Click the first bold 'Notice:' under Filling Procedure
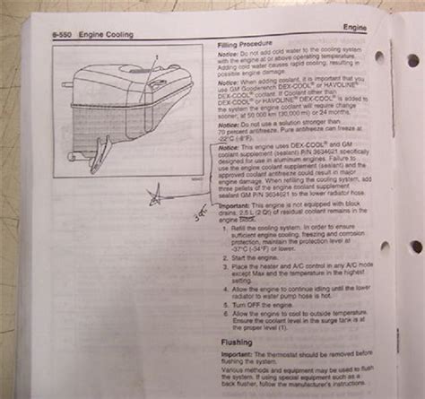(x=230, y=53)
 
